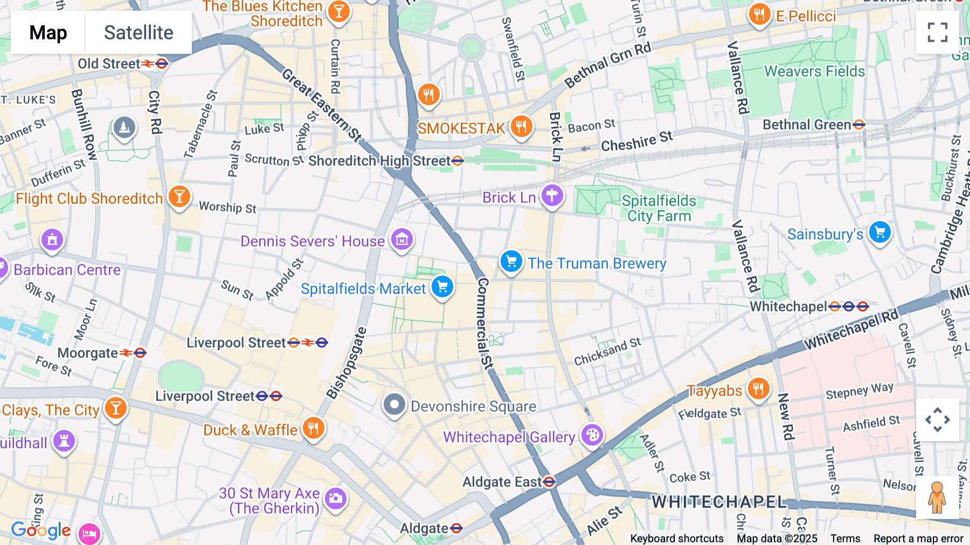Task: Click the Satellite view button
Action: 138,32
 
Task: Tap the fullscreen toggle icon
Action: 937,32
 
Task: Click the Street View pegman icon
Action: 937,498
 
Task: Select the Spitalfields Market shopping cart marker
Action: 442,287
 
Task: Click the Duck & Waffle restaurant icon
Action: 313,428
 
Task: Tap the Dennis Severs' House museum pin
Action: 401,239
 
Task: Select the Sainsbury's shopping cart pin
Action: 880,233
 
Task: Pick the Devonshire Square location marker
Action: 394,404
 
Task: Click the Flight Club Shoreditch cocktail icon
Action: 179,196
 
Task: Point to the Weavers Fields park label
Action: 814,71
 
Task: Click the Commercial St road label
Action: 483,324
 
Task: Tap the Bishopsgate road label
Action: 347,363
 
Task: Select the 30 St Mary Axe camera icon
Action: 335,498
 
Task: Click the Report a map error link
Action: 918,539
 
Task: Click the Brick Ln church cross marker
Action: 552,195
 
